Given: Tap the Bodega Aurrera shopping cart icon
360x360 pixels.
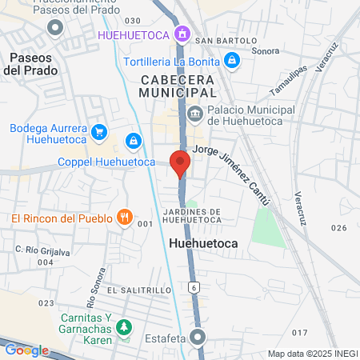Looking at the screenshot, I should coord(99,132).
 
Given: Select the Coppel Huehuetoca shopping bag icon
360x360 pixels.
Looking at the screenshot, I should coord(134,142).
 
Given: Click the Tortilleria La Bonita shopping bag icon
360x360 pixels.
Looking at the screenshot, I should coord(231,60).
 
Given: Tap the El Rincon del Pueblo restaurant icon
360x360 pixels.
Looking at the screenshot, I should coord(124,216).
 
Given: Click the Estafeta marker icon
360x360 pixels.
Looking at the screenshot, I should coord(200,338).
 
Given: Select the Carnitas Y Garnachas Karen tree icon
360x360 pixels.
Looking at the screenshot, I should coord(123,326).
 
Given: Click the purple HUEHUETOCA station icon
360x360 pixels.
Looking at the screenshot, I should coord(183,34).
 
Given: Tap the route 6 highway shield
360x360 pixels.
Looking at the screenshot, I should coord(194,286).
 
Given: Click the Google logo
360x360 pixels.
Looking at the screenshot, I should coord(26,350).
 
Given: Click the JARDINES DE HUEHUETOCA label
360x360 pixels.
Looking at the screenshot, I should coord(180,216).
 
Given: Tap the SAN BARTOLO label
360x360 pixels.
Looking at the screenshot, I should coord(226,40).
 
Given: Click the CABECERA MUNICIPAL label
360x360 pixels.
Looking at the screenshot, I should coord(178,87).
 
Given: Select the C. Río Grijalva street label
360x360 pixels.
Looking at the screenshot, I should coord(41,250).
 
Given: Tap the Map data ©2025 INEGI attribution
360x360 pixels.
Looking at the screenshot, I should coord(312,353).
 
